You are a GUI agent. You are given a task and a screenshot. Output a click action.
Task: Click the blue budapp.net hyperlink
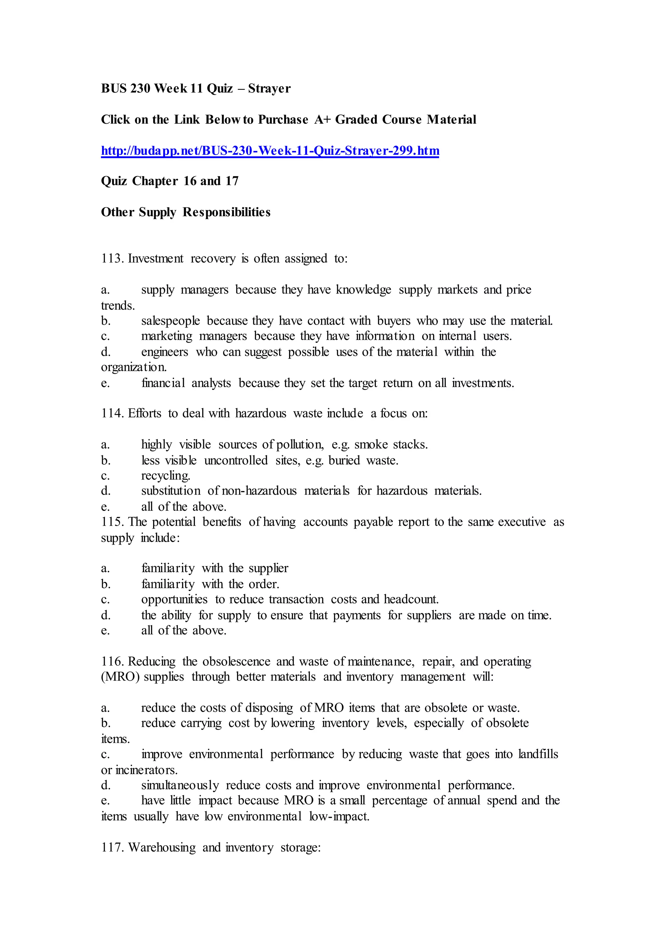point(270,151)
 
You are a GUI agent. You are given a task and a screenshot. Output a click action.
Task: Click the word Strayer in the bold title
point(269,89)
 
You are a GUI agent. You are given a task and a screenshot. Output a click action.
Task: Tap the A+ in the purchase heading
point(323,120)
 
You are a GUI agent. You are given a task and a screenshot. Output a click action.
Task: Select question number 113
point(112,258)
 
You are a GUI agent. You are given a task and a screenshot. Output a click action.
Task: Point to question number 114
point(112,413)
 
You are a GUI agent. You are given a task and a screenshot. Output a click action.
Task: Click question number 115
point(112,522)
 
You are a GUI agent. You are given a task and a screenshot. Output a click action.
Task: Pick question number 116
point(112,661)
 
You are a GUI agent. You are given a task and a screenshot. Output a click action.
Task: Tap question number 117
point(112,847)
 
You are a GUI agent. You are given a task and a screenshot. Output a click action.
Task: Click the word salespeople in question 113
point(170,321)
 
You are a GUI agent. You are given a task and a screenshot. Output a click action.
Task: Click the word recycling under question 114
point(166,476)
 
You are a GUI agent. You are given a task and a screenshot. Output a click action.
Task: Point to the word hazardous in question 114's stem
point(260,413)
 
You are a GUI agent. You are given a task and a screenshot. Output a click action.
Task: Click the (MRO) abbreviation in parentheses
point(120,677)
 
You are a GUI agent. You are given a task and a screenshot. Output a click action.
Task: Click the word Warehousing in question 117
point(162,847)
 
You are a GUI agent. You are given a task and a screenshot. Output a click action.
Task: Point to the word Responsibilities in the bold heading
point(226,212)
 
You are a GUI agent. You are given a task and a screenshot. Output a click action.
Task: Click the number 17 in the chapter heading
point(232,181)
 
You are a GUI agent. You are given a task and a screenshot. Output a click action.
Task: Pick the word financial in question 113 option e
point(163,383)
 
